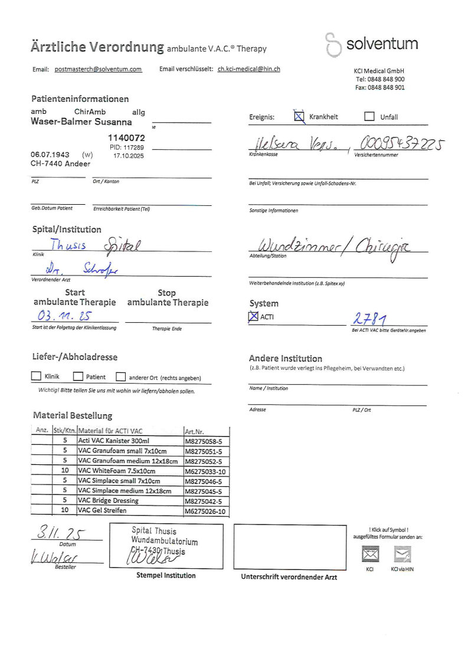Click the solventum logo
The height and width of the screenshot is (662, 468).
tap(372, 44)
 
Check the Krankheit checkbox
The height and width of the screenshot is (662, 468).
tap(299, 116)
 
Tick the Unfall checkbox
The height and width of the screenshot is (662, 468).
tap(369, 116)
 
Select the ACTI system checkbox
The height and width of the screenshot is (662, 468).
tap(254, 317)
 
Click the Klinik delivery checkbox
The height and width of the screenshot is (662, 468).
tap(36, 376)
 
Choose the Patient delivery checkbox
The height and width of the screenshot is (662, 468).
tap(78, 376)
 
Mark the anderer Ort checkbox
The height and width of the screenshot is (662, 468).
tap(120, 377)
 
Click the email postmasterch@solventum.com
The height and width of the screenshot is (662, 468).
tap(98, 69)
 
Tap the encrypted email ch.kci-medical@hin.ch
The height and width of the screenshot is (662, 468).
tap(248, 69)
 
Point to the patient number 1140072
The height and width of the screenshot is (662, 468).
tap(126, 137)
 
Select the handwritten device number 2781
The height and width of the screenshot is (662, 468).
tap(369, 319)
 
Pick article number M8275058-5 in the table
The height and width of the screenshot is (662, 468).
tap(203, 441)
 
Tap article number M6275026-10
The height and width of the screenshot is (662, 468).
tap(205, 512)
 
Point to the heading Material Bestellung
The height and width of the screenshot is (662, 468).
tap(72, 415)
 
